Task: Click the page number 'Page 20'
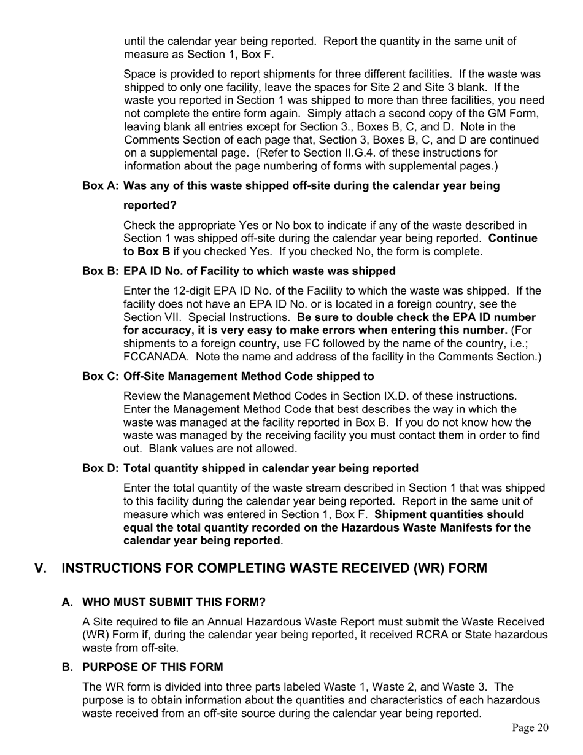point(530,728)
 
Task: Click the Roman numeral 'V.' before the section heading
point(41,568)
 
